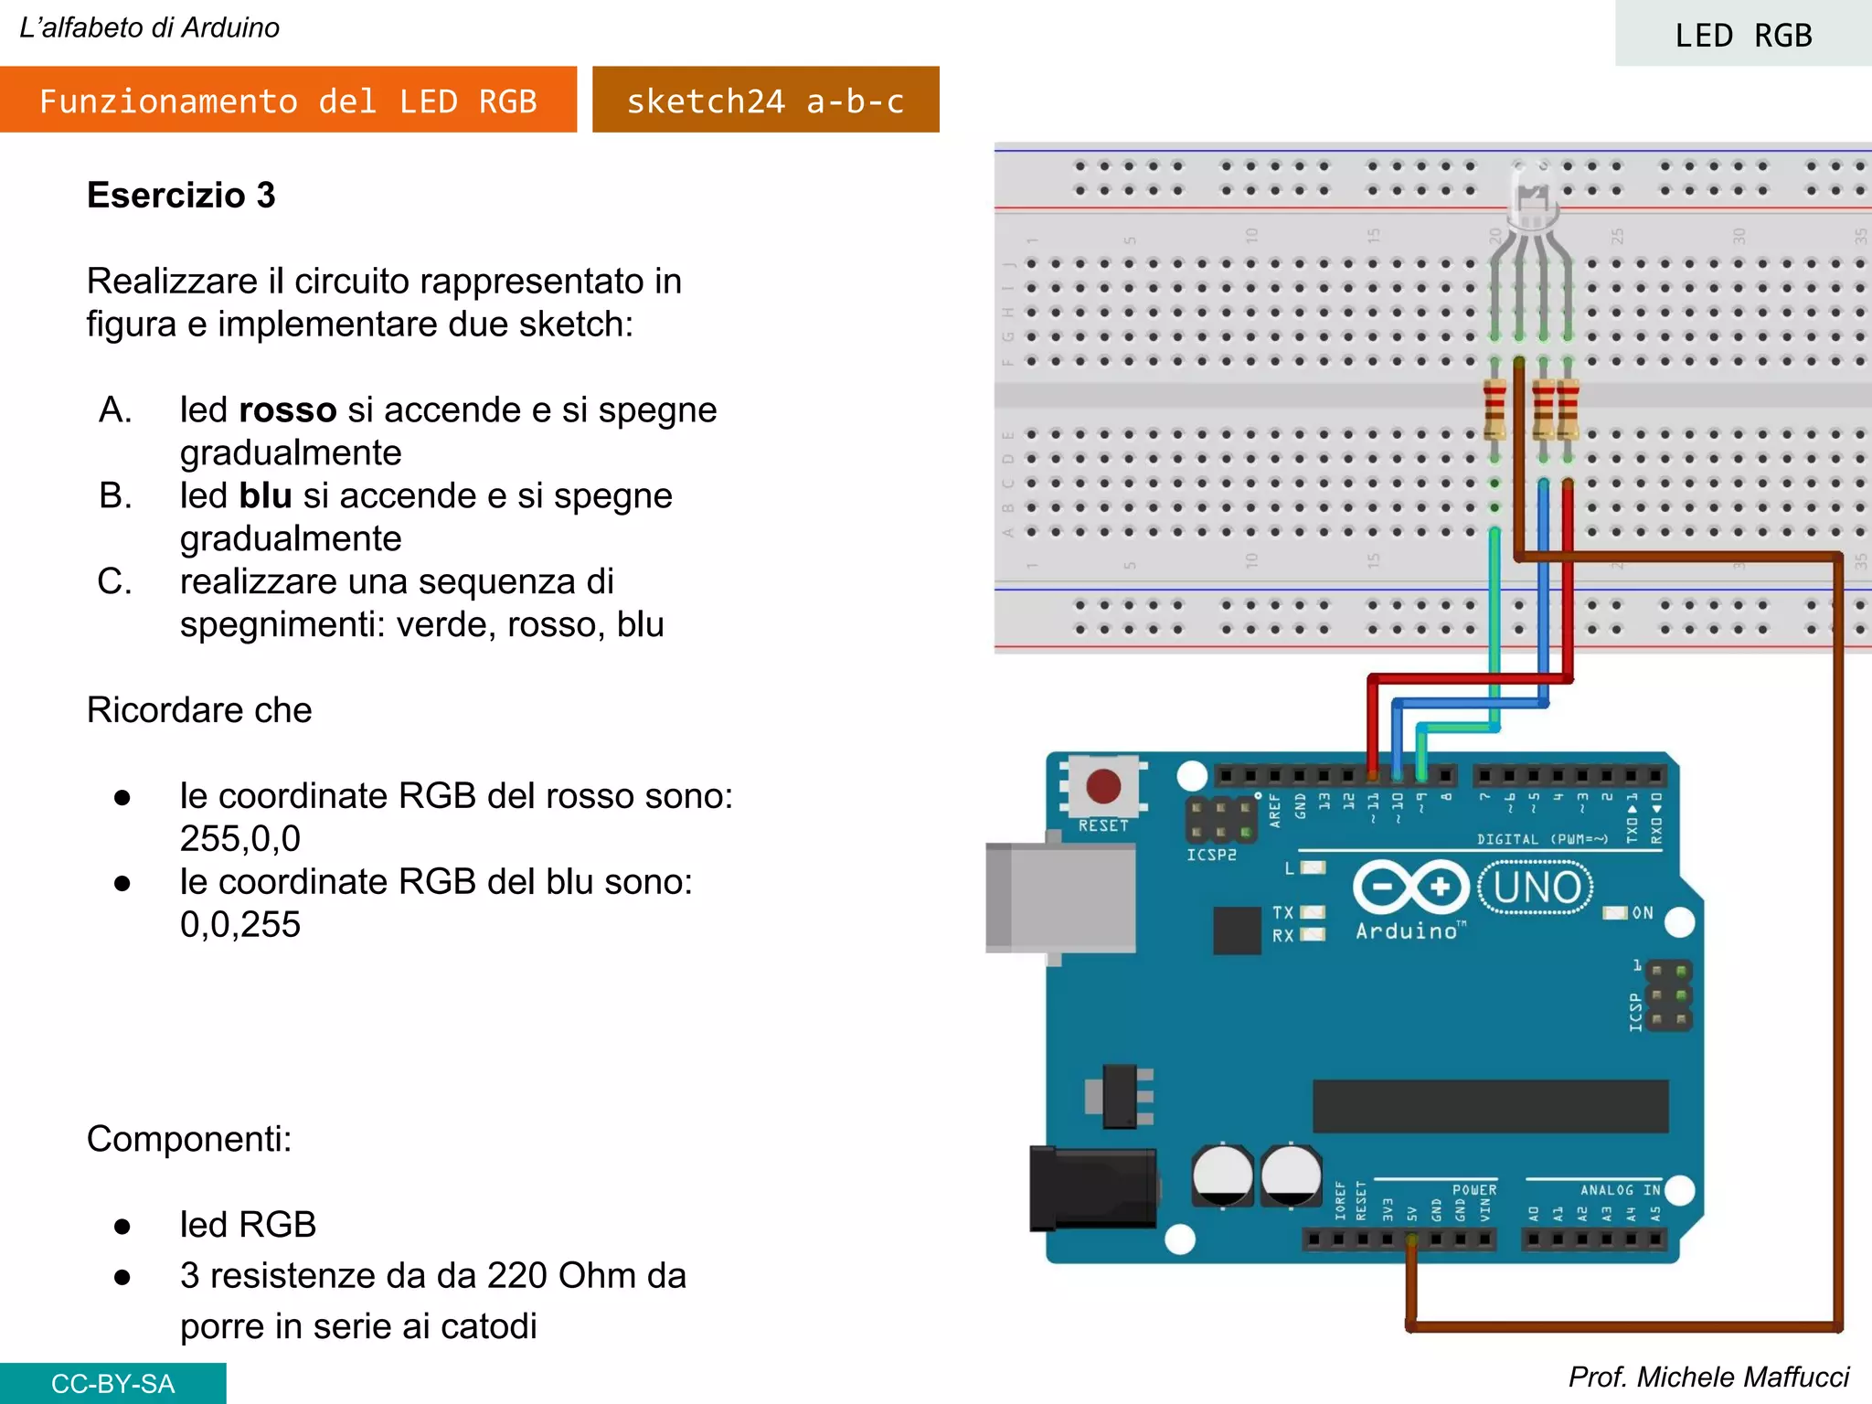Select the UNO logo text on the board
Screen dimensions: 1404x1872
1537,888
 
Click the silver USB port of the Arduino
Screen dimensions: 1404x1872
1060,899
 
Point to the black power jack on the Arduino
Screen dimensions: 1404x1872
1091,1188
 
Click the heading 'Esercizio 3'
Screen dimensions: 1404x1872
181,195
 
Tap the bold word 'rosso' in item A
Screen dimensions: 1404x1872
287,409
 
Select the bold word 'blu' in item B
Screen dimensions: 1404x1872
265,495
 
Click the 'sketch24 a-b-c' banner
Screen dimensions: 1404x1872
765,101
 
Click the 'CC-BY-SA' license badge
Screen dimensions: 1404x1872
112,1383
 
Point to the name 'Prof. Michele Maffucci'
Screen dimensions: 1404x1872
1707,1377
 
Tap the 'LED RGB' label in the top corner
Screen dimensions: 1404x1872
1742,36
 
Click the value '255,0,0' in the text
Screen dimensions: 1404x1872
239,838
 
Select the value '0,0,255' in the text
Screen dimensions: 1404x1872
239,924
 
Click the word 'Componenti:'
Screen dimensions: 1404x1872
189,1139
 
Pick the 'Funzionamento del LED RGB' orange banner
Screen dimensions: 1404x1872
288,101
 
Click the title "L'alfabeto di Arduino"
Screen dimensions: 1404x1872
150,28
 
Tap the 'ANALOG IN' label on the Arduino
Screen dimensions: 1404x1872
1620,1190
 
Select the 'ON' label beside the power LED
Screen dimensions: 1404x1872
1643,913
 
